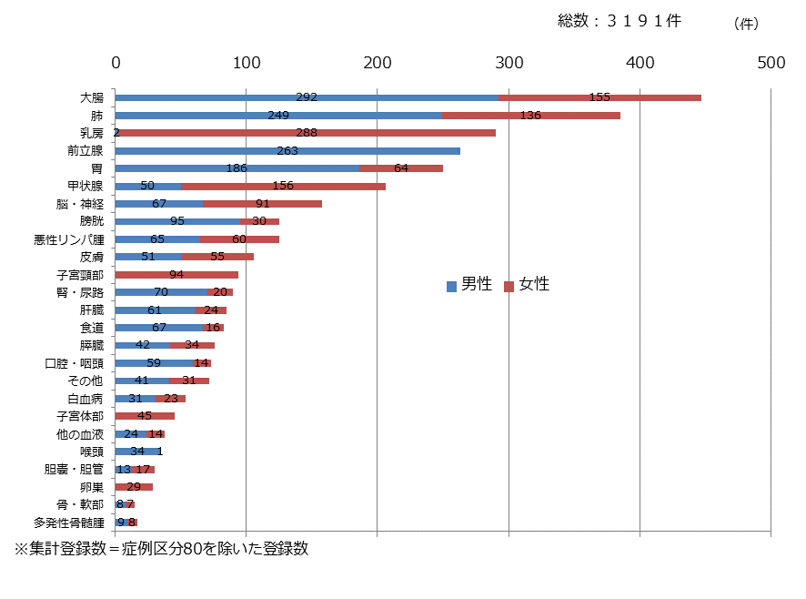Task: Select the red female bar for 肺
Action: click(x=530, y=116)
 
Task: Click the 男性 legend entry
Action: click(x=469, y=285)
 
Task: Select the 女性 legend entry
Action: click(x=527, y=285)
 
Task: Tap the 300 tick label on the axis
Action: click(x=509, y=63)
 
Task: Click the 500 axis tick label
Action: click(x=771, y=63)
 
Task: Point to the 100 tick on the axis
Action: click(x=247, y=63)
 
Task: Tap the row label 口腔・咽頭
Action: click(x=74, y=363)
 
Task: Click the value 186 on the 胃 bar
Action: click(x=237, y=168)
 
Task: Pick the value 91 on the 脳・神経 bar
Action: click(x=262, y=204)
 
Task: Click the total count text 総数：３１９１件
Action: click(x=619, y=21)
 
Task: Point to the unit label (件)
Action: click(x=745, y=24)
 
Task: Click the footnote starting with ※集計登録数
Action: click(x=160, y=550)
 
